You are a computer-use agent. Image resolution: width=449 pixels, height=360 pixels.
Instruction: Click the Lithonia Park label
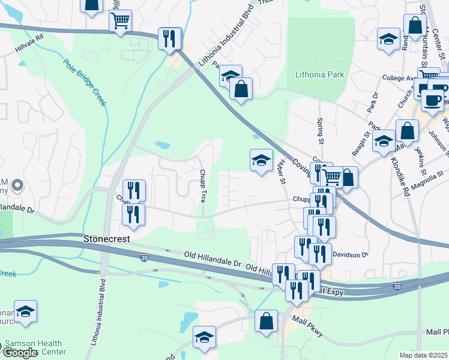319,75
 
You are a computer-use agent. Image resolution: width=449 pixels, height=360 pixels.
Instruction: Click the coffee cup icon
432,99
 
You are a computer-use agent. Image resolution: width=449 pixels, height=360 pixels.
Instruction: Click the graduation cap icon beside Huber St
261,160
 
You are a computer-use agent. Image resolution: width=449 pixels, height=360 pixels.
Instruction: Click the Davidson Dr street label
349,254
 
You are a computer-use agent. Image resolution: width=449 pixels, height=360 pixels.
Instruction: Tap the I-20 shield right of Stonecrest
145,257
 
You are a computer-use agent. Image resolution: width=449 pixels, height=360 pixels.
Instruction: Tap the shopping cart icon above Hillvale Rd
120,21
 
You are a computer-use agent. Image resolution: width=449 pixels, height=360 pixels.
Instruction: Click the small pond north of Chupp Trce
161,145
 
